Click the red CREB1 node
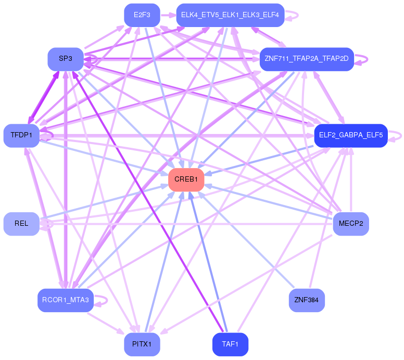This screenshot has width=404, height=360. tap(186, 179)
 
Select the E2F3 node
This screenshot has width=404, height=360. tap(142, 15)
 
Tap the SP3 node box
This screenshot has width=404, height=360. tap(66, 59)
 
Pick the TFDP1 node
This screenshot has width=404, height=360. tap(21, 135)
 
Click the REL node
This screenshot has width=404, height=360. tap(21, 224)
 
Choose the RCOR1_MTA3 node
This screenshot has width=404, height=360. tap(65, 300)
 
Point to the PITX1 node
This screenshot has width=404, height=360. tap(142, 344)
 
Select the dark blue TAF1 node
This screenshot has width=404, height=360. tap(230, 344)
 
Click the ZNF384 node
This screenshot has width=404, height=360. tap(307, 300)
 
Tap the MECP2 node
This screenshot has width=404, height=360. tap(350, 224)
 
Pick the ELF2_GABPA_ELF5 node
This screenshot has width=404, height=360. tap(350, 135)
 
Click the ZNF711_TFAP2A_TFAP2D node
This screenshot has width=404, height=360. tap(307, 59)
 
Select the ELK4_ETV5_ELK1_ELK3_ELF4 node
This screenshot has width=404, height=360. tap(230, 15)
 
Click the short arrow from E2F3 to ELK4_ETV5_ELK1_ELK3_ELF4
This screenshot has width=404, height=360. tap(168, 15)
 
